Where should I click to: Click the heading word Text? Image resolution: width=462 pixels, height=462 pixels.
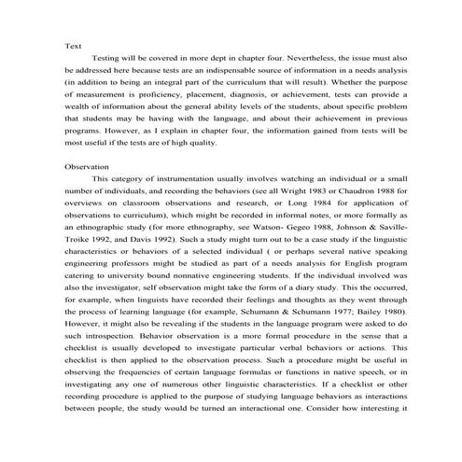pyautogui.click(x=72, y=46)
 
